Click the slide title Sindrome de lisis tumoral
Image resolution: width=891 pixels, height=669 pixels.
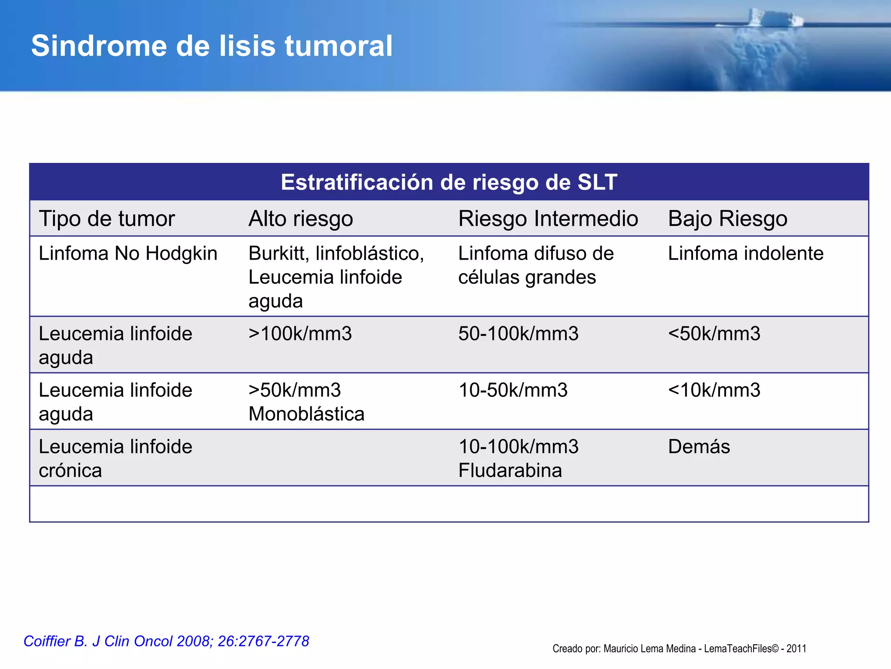click(x=212, y=46)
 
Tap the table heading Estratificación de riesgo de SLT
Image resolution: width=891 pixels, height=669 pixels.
click(x=449, y=182)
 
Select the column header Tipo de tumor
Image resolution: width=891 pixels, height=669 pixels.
click(x=107, y=219)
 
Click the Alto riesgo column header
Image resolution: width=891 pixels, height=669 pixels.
click(x=301, y=219)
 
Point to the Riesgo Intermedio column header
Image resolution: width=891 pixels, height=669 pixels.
click(x=548, y=219)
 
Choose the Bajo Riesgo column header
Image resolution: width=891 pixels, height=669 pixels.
click(x=727, y=219)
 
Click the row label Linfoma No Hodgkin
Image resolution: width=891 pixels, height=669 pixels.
click(x=128, y=253)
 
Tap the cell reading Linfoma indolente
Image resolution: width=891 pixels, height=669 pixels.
click(x=745, y=253)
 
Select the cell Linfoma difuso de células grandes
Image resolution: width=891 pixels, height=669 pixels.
click(x=536, y=265)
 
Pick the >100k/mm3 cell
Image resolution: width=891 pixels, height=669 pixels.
click(x=300, y=334)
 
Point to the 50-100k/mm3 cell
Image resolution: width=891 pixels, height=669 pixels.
click(x=518, y=334)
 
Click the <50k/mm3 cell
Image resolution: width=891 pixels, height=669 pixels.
click(x=714, y=334)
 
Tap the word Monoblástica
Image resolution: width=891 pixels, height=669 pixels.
click(x=306, y=414)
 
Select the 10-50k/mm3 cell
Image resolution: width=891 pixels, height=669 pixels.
click(x=513, y=390)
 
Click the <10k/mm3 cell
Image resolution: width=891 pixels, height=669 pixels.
click(x=714, y=390)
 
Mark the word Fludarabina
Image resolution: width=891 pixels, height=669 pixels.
click(x=510, y=471)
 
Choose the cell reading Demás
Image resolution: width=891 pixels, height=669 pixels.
click(x=699, y=447)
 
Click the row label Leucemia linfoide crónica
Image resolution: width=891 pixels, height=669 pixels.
click(x=115, y=459)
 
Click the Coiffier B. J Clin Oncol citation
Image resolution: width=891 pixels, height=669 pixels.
click(x=166, y=641)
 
